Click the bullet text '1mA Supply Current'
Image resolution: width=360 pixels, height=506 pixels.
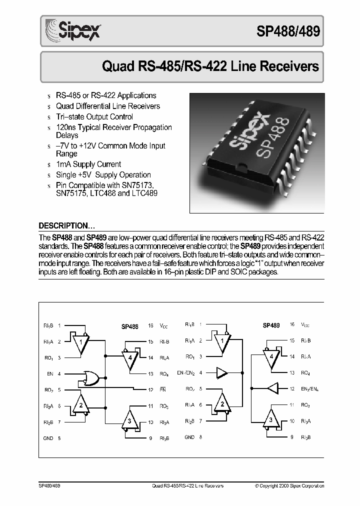point(88,164)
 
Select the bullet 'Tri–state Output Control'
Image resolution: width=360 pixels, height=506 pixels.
point(94,116)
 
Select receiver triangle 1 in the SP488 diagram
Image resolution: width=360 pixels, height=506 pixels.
point(80,342)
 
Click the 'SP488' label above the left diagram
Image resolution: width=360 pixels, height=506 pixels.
point(129,326)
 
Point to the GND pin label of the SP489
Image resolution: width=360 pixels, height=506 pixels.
point(189,437)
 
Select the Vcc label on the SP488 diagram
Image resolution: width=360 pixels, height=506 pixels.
point(164,326)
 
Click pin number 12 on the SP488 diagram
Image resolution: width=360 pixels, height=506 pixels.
point(150,389)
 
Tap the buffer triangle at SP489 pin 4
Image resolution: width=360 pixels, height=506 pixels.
point(221,372)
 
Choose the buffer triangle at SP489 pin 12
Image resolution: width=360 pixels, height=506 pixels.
point(272,388)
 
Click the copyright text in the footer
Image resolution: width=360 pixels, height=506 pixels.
point(289,485)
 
